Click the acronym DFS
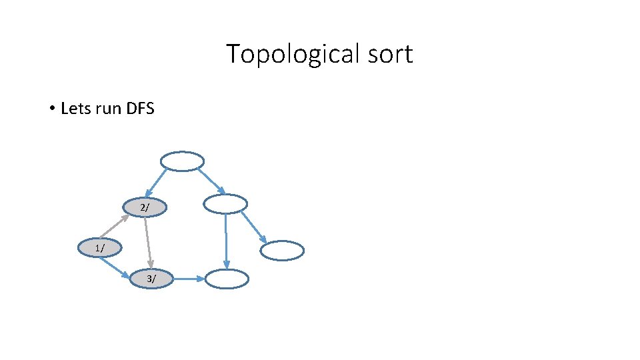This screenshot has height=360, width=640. (x=139, y=108)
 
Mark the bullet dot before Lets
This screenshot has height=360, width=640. (x=51, y=108)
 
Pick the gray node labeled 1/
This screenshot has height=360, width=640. (x=99, y=248)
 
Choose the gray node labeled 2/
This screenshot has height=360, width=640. (x=145, y=208)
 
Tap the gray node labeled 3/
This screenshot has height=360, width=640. (x=152, y=279)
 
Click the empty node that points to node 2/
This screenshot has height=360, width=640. (x=182, y=161)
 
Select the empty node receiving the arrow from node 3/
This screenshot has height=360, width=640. (x=226, y=279)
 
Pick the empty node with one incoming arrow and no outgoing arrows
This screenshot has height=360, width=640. (x=282, y=251)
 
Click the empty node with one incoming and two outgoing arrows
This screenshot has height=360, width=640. (x=225, y=204)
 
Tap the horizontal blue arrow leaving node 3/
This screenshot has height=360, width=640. (x=189, y=279)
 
